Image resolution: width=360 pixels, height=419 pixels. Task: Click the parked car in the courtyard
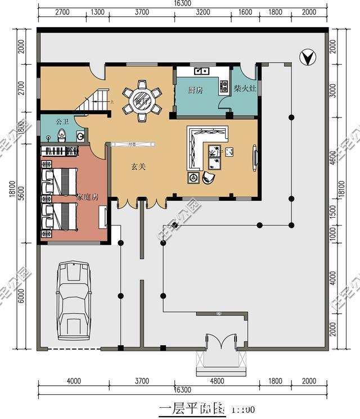point(73,300)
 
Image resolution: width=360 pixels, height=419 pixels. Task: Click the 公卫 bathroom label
point(62,121)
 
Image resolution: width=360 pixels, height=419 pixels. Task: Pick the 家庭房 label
point(88,197)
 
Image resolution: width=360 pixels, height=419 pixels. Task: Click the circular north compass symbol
point(307,56)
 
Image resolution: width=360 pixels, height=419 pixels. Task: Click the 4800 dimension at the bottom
point(217,381)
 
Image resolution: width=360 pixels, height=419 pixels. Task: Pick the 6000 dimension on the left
point(22,297)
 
